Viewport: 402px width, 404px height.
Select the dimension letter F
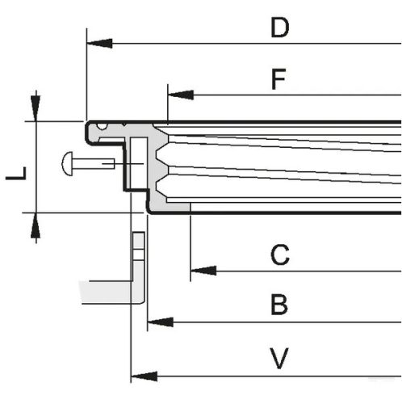point(278,80)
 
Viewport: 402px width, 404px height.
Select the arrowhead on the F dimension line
point(180,95)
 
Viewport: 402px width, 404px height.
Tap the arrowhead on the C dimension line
point(203,269)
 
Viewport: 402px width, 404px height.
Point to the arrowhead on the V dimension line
point(143,375)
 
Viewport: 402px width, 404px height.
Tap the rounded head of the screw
point(68,164)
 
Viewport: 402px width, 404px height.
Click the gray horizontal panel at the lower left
point(105,291)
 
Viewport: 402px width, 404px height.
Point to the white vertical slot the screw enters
point(137,165)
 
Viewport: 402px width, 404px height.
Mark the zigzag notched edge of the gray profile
point(165,166)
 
